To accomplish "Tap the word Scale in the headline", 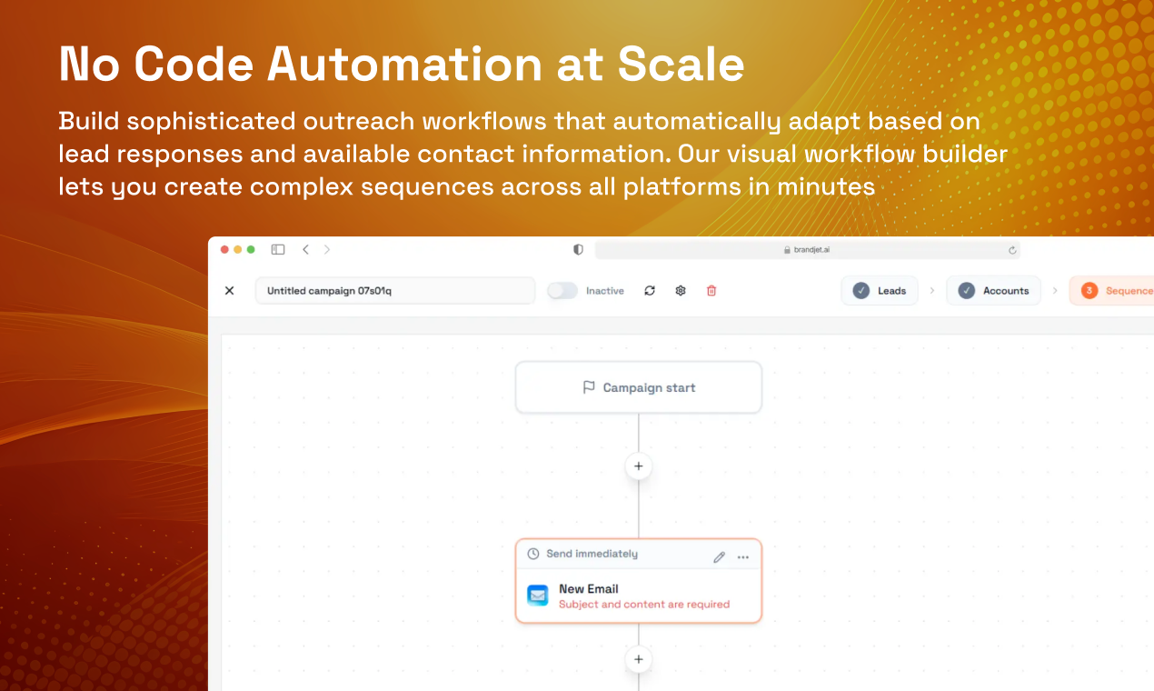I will click(x=681, y=65).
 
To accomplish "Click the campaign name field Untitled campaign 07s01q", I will click(x=394, y=291).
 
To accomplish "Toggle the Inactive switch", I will click(x=562, y=291).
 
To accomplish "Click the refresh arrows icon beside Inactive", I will click(x=650, y=291).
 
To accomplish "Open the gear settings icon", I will click(x=681, y=291).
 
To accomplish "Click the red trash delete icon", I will click(x=711, y=291).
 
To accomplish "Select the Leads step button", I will click(x=880, y=291).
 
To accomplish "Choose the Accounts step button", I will click(x=993, y=291).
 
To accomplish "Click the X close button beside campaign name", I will click(x=229, y=291).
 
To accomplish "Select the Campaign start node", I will click(x=638, y=387).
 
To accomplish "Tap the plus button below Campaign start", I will click(x=638, y=466).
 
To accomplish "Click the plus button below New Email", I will click(x=638, y=659).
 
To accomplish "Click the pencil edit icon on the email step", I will click(x=719, y=556).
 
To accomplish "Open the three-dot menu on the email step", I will click(x=743, y=556).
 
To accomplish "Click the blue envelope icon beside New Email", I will click(x=538, y=596).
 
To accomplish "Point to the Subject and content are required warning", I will click(x=643, y=605).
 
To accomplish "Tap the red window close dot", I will click(x=224, y=249).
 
